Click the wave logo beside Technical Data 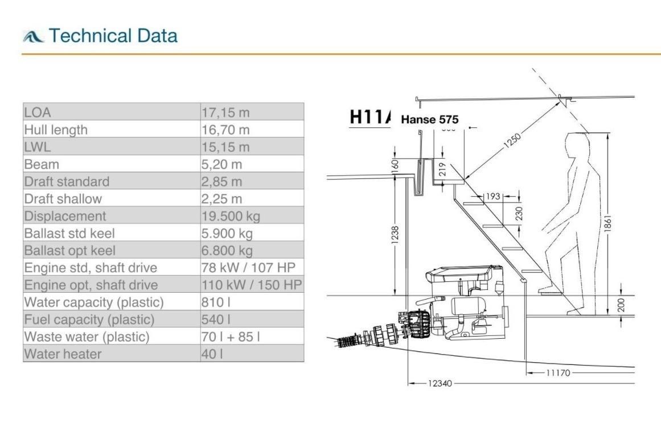[x=33, y=36]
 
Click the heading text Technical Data [x=113, y=36]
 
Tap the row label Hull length [x=56, y=130]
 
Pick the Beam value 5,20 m [x=221, y=164]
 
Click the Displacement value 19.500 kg [x=231, y=216]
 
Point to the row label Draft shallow [x=63, y=199]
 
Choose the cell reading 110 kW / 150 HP [x=252, y=285]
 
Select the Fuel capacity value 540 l [x=216, y=319]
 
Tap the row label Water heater [x=63, y=354]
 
